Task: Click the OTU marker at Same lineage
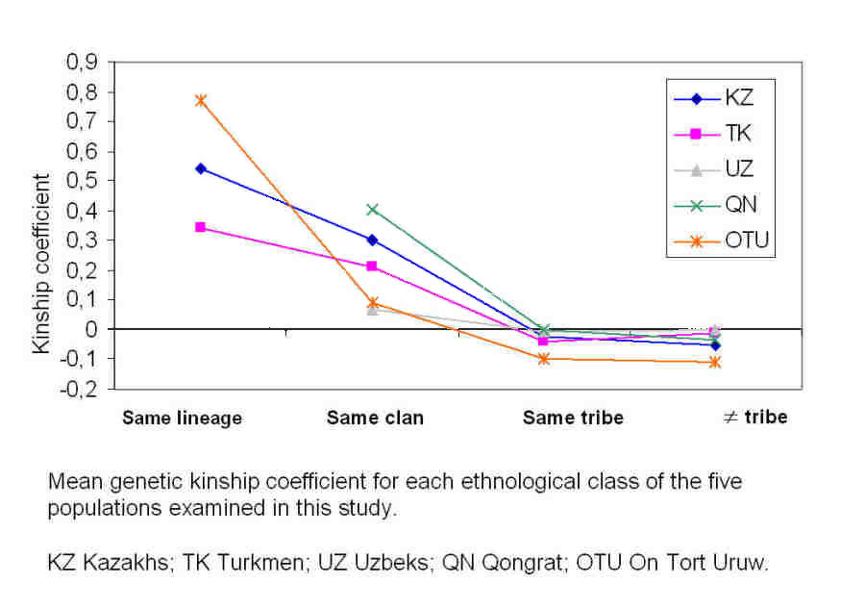[x=201, y=100]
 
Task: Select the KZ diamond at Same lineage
[x=201, y=168]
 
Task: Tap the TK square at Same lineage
[x=201, y=227]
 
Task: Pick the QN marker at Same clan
[x=372, y=209]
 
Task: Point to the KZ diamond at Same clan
[x=372, y=240]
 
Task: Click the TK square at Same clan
[x=372, y=266]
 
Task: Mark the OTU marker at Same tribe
[x=544, y=359]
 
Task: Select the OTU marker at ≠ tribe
[x=715, y=362]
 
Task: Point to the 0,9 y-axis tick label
[x=81, y=63]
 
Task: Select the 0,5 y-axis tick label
[x=81, y=181]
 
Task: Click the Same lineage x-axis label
[x=182, y=419]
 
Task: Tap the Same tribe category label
[x=573, y=419]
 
